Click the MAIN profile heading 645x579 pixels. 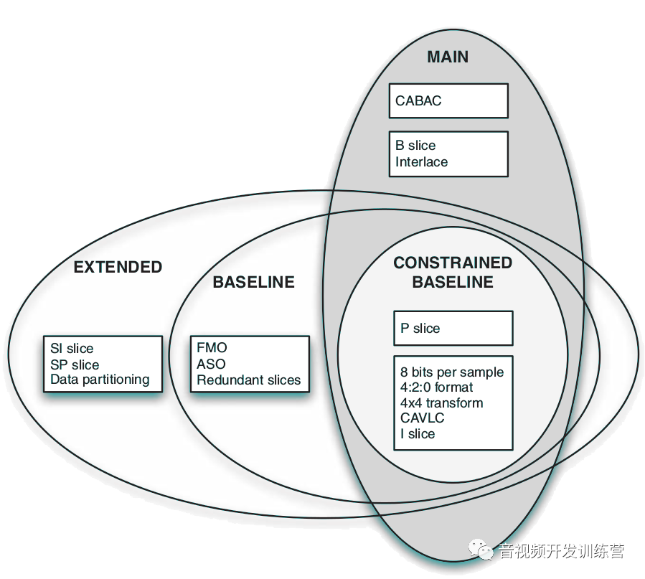point(448,57)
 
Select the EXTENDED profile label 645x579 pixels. point(118,267)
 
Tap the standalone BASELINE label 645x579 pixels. point(253,282)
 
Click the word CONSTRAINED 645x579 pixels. point(453,263)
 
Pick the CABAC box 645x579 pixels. point(448,100)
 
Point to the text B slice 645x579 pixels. point(415,145)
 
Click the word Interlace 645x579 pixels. point(421,161)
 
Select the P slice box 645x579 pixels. point(453,328)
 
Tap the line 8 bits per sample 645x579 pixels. point(452,372)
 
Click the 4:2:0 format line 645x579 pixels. point(436,387)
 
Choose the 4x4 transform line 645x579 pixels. point(441,403)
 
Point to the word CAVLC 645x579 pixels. point(422,418)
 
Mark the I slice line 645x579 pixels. point(418,433)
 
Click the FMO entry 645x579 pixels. point(212,347)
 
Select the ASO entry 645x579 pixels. point(211,364)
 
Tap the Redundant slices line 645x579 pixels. point(248,380)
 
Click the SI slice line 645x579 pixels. point(72,348)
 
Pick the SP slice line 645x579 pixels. point(75,364)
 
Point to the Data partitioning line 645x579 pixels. point(100,380)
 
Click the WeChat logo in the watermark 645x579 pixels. point(481,550)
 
